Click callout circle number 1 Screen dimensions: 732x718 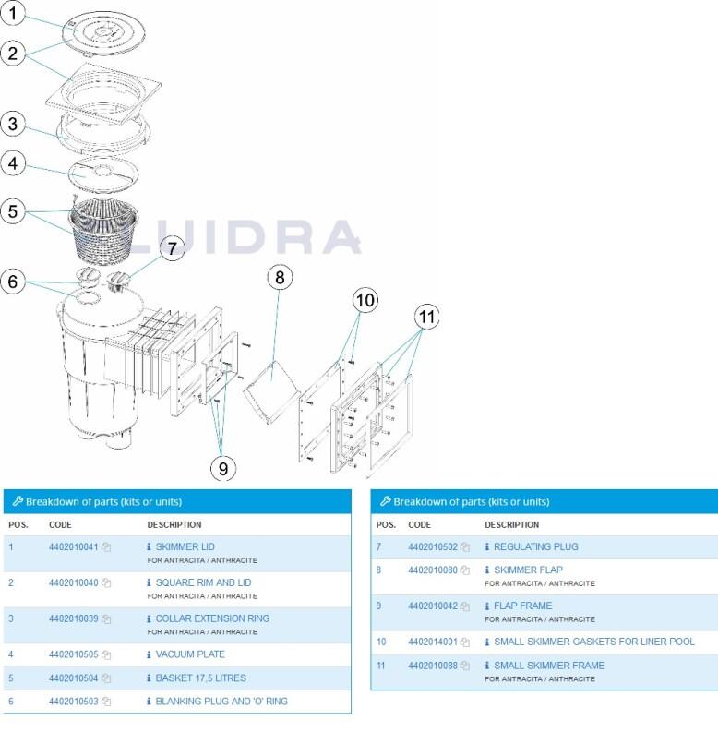point(13,13)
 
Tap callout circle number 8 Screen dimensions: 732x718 point(281,276)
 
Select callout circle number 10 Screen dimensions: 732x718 point(365,299)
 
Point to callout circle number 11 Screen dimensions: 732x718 point(426,317)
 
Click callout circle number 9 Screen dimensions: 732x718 point(222,468)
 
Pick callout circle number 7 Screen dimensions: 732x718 point(173,247)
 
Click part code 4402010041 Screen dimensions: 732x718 point(73,547)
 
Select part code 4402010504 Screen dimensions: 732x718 point(73,678)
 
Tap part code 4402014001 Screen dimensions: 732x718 point(433,642)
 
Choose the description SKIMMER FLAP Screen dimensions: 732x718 point(528,570)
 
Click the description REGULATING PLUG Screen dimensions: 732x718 point(536,547)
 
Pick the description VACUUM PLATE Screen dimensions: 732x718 point(190,655)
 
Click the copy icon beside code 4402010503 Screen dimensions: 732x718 point(107,702)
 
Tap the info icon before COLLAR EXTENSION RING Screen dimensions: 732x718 point(150,618)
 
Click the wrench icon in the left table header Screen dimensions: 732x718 point(17,502)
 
